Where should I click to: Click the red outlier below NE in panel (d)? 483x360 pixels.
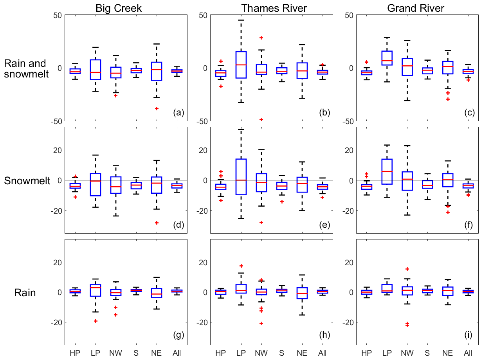[x=157, y=223]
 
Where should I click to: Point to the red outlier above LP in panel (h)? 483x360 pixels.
[x=241, y=266]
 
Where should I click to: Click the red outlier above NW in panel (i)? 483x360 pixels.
[x=407, y=269]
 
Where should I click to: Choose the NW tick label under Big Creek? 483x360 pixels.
[x=116, y=353]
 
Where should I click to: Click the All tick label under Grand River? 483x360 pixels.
[x=468, y=353]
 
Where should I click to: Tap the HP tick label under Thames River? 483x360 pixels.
[x=221, y=353]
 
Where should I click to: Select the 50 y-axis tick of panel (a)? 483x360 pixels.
[x=57, y=15]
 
